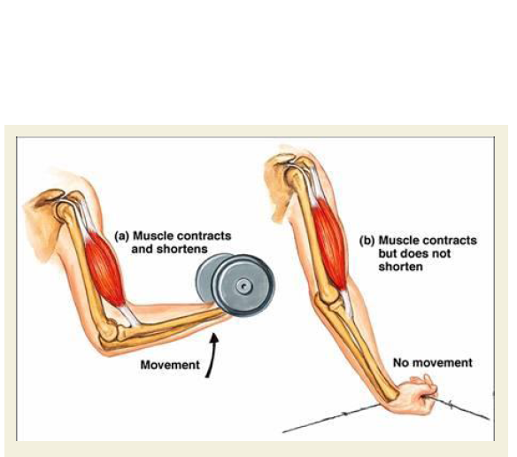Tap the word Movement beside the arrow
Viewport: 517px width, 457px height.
point(170,365)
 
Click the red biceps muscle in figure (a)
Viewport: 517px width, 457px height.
point(104,268)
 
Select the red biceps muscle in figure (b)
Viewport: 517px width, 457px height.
point(329,244)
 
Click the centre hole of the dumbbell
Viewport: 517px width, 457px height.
point(243,285)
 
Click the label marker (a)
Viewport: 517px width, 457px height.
point(120,236)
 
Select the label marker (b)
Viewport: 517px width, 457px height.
point(367,241)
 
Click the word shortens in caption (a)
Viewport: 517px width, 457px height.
point(182,249)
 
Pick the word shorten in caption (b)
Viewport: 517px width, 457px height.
point(400,267)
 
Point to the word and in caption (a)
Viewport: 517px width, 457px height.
point(143,249)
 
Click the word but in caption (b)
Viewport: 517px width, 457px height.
point(388,254)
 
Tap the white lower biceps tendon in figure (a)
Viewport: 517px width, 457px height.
point(130,316)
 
